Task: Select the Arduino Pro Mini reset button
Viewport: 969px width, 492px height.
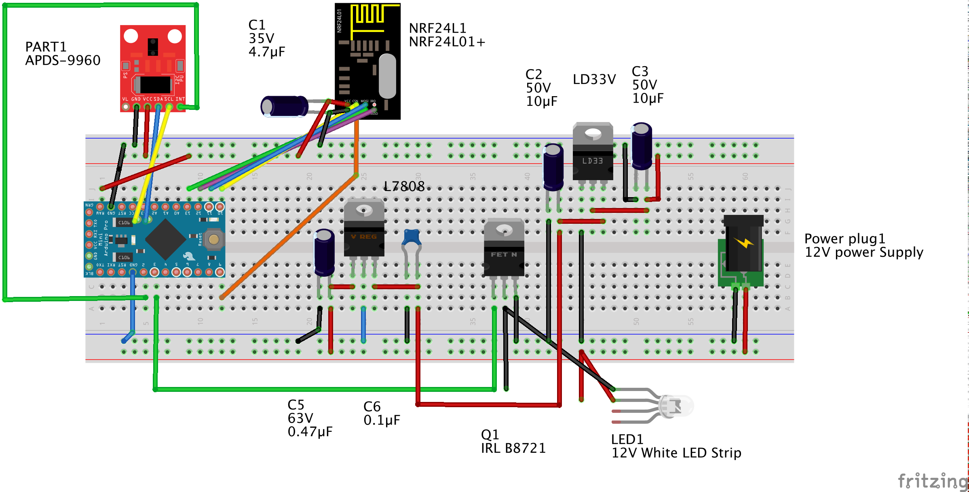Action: point(213,240)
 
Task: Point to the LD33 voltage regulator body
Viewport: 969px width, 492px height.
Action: point(593,153)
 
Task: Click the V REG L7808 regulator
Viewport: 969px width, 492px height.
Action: point(364,230)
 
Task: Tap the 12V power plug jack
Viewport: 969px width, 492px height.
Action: point(743,246)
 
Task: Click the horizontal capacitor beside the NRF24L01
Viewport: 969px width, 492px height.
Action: point(284,107)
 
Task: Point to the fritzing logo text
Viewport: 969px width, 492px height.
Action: point(932,481)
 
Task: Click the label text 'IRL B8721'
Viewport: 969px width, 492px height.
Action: point(513,448)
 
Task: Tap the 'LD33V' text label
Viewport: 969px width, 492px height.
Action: point(594,80)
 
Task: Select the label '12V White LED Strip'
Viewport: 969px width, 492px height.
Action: point(676,453)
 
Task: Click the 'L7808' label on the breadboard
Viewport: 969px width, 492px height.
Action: point(404,186)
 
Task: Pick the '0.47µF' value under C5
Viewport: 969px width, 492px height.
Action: point(310,432)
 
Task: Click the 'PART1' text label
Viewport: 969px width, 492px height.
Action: point(46,47)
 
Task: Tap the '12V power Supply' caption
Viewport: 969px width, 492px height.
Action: point(863,252)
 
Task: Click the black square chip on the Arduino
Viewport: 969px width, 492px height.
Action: point(165,240)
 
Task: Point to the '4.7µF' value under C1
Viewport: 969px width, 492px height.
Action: point(267,52)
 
